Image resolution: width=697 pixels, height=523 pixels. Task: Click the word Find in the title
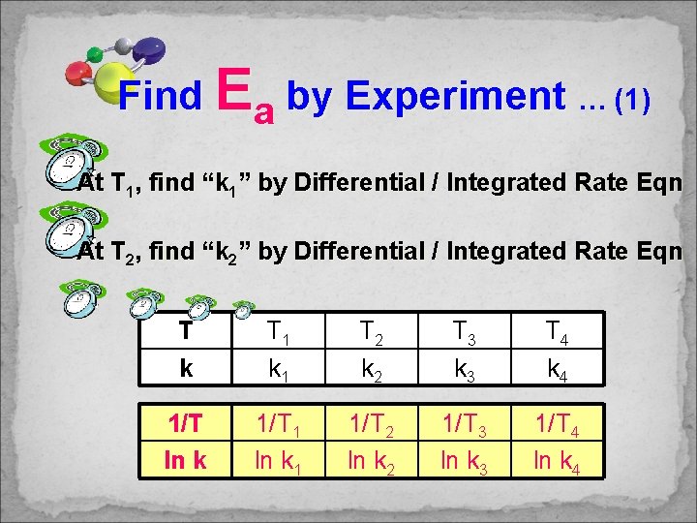(160, 96)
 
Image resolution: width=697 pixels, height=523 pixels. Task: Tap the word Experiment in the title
(454, 96)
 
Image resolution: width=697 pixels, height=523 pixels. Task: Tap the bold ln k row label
(185, 457)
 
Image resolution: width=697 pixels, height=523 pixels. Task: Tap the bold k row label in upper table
(185, 368)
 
